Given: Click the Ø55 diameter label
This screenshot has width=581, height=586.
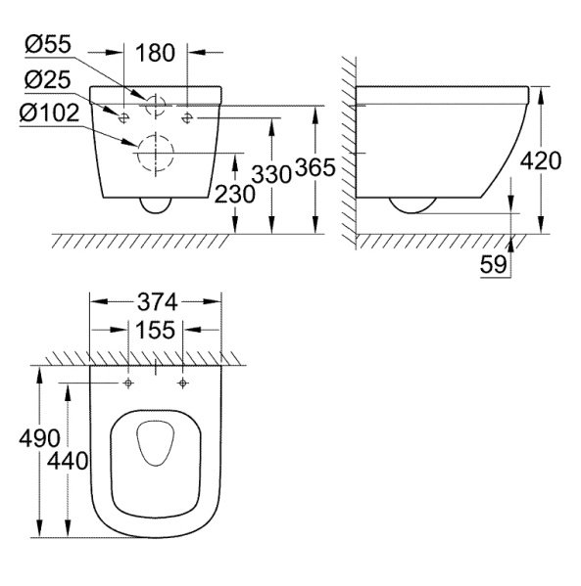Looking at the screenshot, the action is (48, 44).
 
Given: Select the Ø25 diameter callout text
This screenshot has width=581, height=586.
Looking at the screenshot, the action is (48, 80).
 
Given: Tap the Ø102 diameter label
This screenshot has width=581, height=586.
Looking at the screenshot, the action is (49, 113).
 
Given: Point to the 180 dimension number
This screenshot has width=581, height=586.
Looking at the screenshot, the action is (156, 53).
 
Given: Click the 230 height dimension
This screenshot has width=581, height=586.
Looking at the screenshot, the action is (235, 194).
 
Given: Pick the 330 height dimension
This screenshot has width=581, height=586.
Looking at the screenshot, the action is (271, 174).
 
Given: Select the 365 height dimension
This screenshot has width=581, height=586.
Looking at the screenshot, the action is (315, 167).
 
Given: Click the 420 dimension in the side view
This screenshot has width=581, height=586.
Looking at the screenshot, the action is (541, 161).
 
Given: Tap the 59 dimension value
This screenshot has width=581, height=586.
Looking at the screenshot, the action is (494, 264).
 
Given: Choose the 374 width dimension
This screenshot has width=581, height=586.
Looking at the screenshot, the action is (157, 302).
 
